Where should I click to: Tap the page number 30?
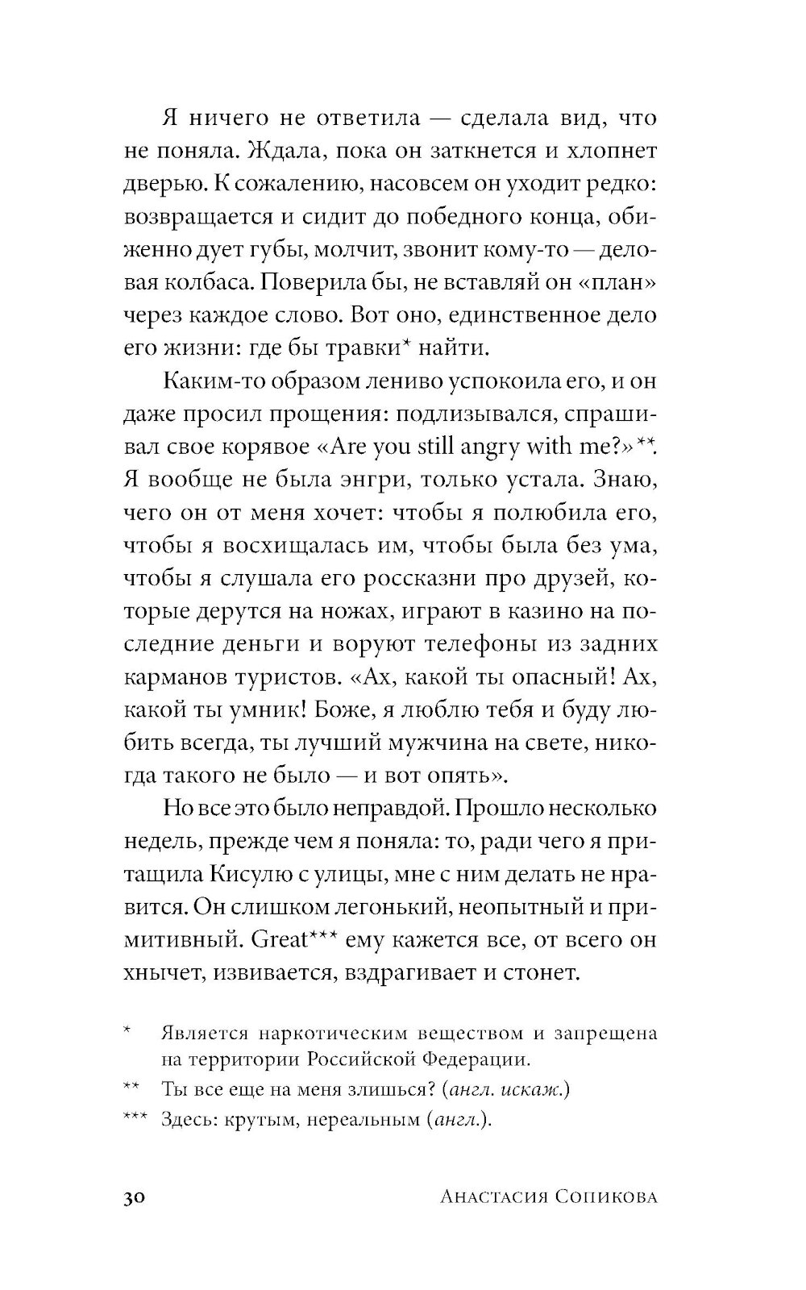click(x=135, y=1198)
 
